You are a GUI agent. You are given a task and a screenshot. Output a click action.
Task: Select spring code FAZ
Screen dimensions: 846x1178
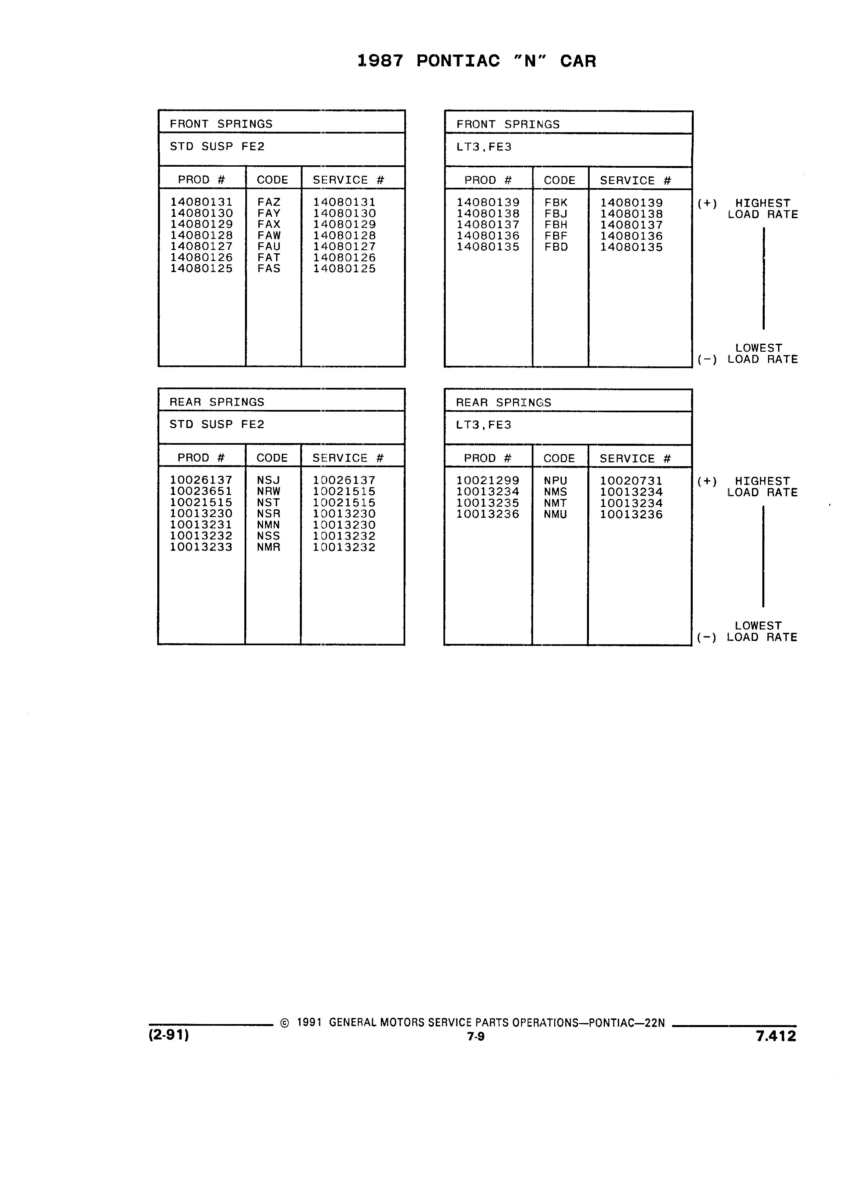coord(269,202)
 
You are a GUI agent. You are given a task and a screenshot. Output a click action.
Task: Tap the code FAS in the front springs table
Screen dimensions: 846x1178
coord(269,268)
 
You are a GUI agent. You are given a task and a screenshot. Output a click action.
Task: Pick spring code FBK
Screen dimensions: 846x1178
coord(556,202)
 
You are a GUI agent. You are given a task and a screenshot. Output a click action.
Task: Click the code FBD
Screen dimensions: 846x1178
coord(556,247)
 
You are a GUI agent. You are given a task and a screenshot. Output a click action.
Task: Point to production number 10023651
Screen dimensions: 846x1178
coord(201,491)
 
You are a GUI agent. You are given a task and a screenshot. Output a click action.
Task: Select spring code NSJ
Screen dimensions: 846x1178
coord(268,481)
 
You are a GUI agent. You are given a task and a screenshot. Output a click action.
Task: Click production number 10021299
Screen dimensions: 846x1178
coord(488,481)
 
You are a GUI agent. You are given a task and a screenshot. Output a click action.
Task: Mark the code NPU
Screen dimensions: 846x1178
coord(556,481)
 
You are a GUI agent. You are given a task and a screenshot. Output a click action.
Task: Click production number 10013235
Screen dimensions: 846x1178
coord(488,503)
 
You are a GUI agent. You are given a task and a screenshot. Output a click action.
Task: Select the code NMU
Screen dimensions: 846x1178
coord(556,514)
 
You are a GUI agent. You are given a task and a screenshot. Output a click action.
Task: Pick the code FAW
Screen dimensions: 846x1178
coord(269,235)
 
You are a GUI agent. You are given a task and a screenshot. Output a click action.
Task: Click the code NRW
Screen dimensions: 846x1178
coord(268,491)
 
